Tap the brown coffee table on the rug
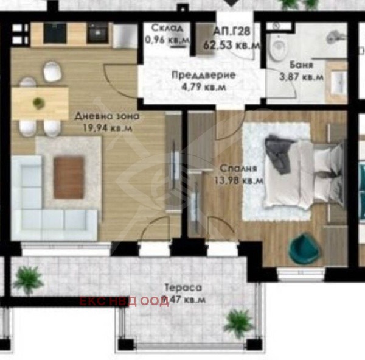[x=68, y=177]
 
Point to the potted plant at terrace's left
[x=28, y=280]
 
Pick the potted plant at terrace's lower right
[x=238, y=321]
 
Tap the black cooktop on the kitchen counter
[x=97, y=34]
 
